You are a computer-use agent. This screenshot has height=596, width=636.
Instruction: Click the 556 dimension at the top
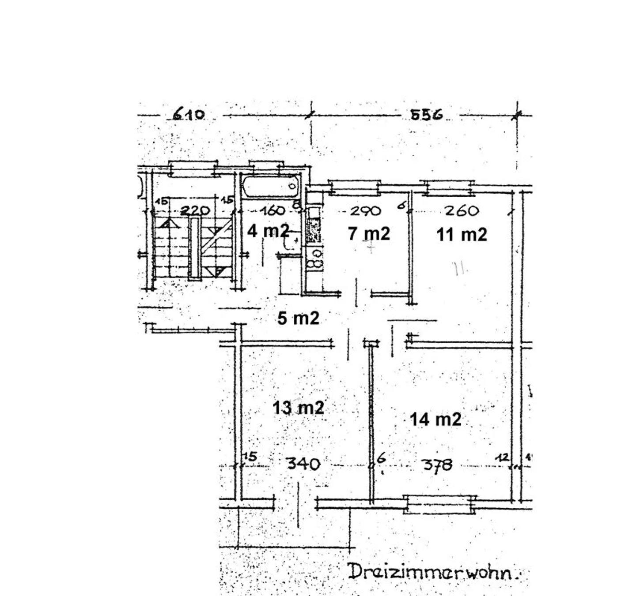426,115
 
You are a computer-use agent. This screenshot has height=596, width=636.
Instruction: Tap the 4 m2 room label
268,231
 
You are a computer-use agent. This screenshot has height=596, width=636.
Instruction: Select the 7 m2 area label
369,233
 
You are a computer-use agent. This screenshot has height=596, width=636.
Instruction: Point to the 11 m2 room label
462,234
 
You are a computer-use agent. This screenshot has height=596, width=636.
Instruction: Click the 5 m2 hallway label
298,318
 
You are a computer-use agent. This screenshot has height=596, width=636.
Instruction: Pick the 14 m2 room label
435,419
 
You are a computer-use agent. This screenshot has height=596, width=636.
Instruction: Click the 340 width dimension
303,464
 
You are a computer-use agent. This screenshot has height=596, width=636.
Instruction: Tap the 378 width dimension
437,465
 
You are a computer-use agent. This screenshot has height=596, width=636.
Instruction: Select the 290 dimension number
365,211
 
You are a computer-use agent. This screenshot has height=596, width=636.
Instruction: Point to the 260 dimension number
462,210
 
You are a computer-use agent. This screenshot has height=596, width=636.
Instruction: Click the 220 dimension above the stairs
195,210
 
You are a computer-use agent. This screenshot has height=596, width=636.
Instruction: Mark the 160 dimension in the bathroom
273,210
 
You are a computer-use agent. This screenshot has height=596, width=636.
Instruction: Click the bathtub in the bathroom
270,186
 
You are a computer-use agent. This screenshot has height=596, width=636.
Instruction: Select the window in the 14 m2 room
441,504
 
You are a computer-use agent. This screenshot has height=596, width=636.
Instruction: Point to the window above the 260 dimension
447,187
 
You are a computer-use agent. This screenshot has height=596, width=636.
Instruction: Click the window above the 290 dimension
354,187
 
